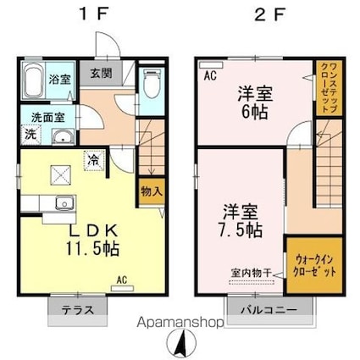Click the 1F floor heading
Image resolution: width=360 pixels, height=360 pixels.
(x=88, y=15)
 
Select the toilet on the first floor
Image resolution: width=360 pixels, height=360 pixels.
(x=151, y=86)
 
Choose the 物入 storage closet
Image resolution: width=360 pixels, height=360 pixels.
(x=149, y=192)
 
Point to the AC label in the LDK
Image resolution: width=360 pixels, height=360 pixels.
(x=121, y=279)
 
